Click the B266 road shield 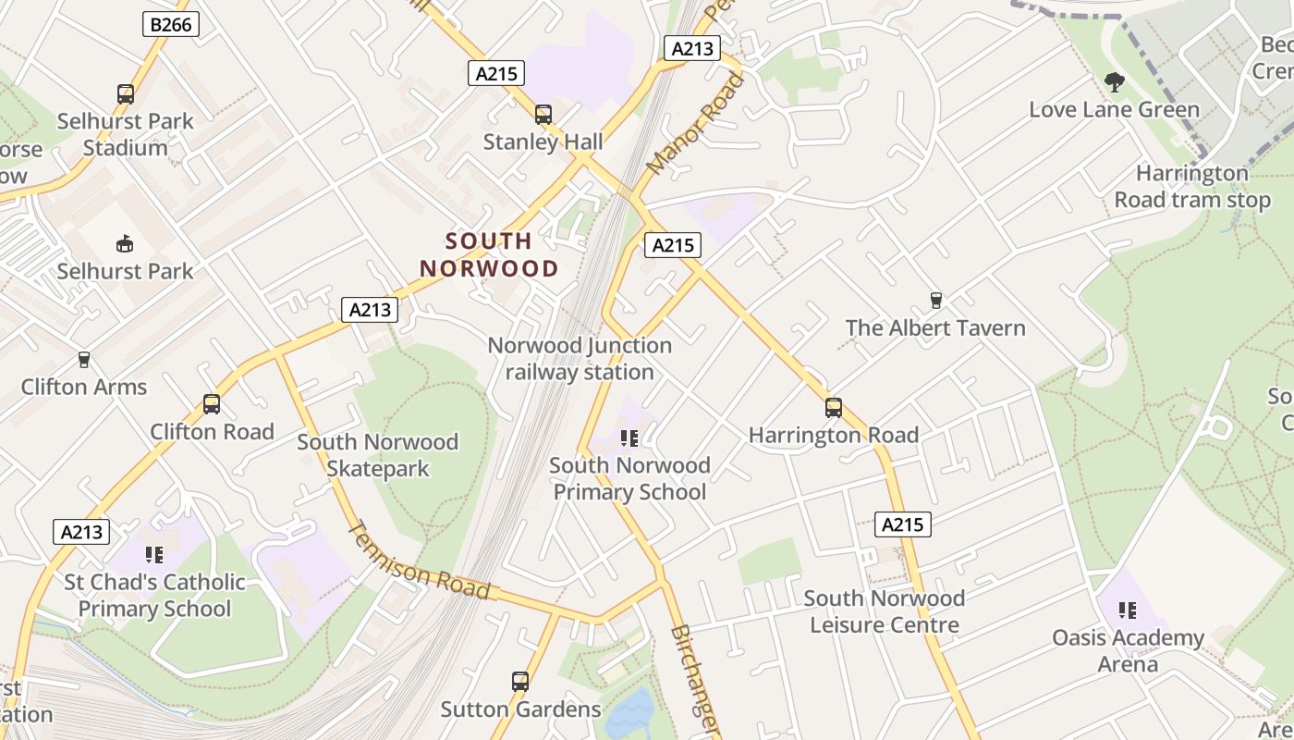tap(171, 24)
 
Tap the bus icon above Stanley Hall tap(543, 115)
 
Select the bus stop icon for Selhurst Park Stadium tap(126, 93)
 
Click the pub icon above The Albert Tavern tap(935, 301)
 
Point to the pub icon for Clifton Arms tap(84, 359)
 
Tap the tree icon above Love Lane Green tap(1115, 82)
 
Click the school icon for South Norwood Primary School tap(629, 438)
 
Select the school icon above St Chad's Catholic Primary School tap(154, 555)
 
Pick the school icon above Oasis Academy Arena tap(1128, 610)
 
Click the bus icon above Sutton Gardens tap(520, 682)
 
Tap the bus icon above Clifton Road tap(212, 404)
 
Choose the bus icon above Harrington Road tap(834, 408)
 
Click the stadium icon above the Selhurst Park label tap(125, 244)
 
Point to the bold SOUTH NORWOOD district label tap(489, 255)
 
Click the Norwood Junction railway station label tap(580, 359)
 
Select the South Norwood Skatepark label tap(377, 455)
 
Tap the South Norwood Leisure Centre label tap(884, 611)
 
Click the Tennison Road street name tap(418, 561)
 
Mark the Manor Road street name tap(696, 124)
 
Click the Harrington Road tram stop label tap(1192, 187)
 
